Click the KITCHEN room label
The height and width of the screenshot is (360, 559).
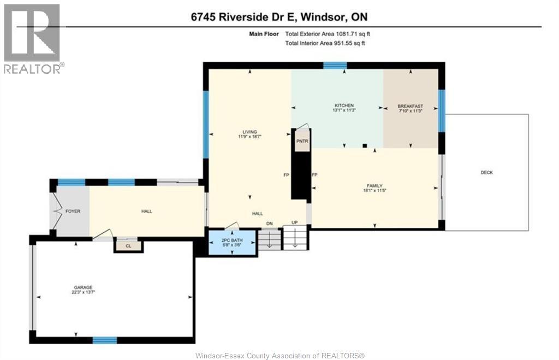(344, 105)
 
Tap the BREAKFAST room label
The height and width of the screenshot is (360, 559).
(410, 105)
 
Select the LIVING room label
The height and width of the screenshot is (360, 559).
(250, 132)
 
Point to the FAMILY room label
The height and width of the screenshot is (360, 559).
(374, 186)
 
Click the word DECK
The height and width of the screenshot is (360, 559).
(487, 173)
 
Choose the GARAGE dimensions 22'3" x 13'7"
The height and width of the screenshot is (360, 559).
(84, 292)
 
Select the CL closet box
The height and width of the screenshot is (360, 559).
(128, 246)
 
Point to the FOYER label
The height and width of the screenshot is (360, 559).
(73, 211)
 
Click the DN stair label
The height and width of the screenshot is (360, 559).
(269, 223)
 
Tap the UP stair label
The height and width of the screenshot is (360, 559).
(295, 223)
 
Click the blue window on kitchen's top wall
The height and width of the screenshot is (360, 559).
(335, 66)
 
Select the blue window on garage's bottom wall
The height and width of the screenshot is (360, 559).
(104, 340)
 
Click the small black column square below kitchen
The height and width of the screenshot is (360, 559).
(364, 145)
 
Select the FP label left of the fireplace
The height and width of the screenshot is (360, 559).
(286, 175)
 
